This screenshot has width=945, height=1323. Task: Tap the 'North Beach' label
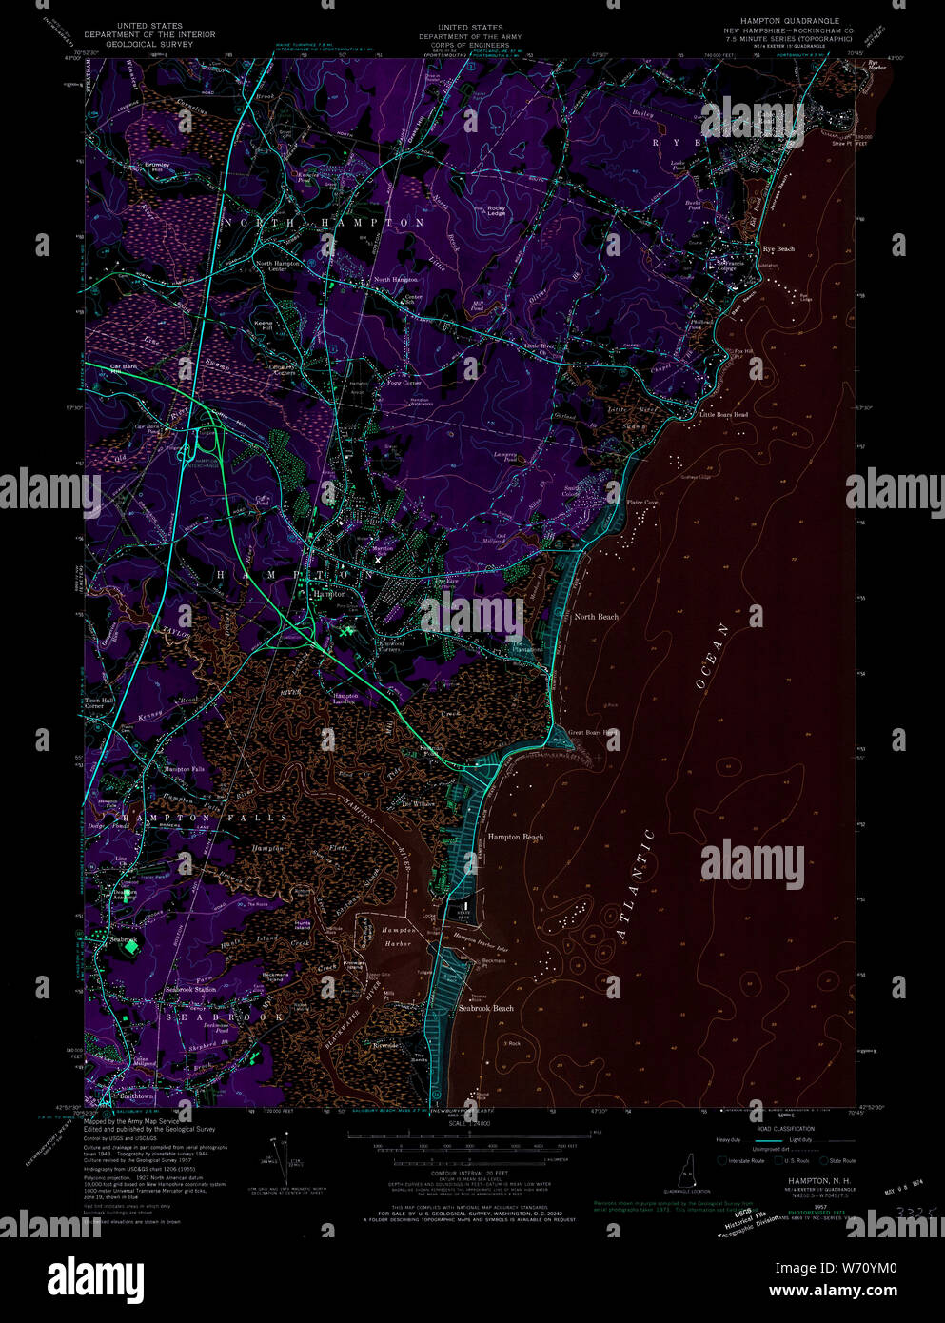pos(596,617)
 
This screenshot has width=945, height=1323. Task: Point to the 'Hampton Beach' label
pos(515,838)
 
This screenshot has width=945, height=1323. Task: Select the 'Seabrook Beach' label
pos(485,1008)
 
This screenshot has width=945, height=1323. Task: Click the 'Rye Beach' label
pos(778,249)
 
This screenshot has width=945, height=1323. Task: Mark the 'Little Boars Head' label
pos(723,415)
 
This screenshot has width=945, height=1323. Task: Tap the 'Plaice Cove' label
pos(641,503)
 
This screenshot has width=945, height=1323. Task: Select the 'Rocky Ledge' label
pos(497,210)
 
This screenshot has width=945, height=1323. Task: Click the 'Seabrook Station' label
pos(190,989)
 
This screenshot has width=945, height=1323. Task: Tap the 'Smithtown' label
pos(137,1096)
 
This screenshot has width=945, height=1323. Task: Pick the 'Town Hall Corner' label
pos(94,703)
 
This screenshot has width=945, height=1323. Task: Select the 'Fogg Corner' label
pos(404,383)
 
